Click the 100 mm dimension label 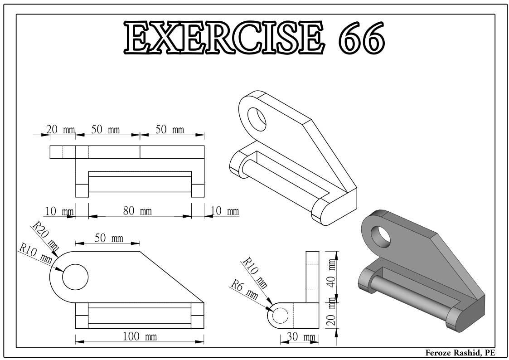(139, 337)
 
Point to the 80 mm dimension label (139, 211)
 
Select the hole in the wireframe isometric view (257, 116)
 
